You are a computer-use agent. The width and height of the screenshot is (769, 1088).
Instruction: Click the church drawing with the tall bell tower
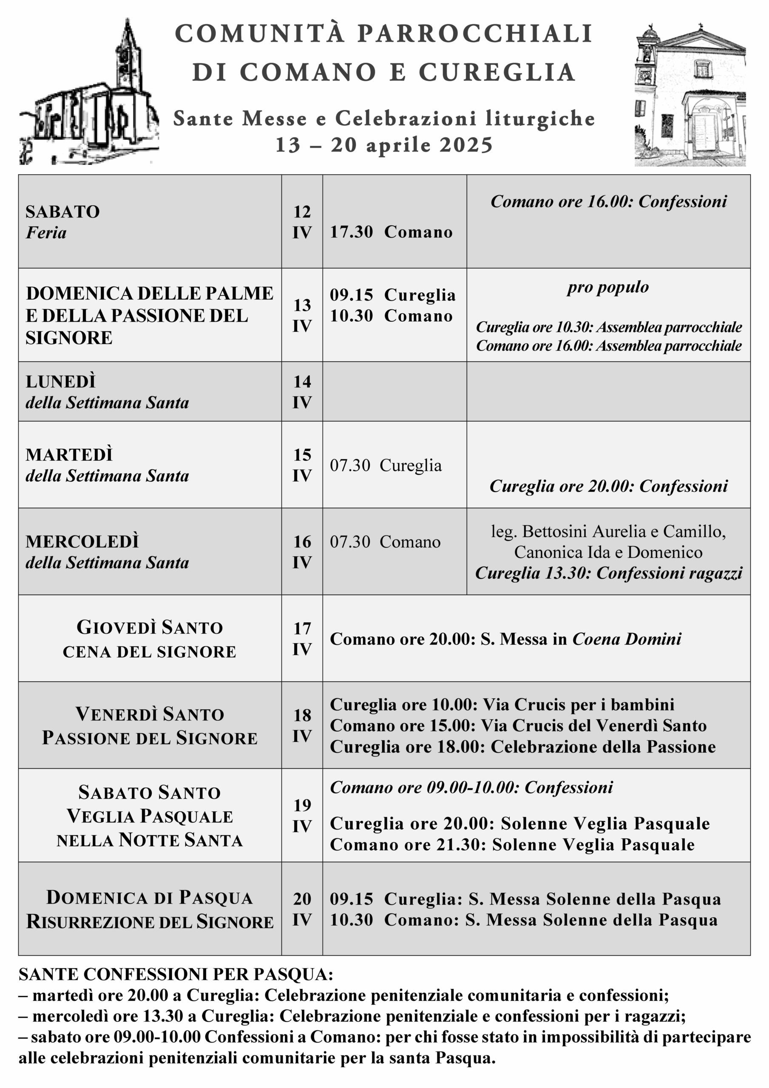(89, 95)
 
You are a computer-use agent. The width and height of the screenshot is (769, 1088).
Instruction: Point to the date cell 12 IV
(302, 222)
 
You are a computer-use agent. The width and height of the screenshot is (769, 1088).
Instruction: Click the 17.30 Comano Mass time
(391, 232)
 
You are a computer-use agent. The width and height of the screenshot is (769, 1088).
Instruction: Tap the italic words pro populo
(608, 287)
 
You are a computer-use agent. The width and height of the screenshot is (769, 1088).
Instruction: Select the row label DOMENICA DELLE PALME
(149, 293)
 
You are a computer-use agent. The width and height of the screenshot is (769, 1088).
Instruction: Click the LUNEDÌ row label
(61, 382)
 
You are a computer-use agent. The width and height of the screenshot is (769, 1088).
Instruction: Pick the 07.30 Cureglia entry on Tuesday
(386, 465)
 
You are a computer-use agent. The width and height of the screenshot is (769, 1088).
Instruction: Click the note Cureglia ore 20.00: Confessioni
(608, 486)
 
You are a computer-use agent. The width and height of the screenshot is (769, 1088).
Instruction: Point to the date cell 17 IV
(302, 638)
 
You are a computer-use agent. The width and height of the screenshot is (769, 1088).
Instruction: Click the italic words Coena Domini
(627, 639)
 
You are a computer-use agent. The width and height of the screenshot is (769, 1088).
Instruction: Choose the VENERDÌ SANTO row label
(149, 714)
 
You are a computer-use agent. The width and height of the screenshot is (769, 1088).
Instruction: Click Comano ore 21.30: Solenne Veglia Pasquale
(512, 844)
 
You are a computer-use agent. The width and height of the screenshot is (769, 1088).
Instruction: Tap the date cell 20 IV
(302, 909)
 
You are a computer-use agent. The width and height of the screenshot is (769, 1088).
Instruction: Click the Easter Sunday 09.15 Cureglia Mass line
(525, 899)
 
